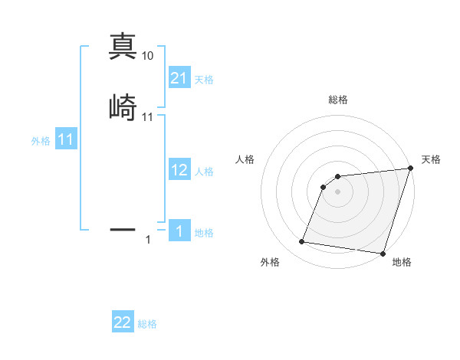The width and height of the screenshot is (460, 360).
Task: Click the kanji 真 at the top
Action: click(123, 46)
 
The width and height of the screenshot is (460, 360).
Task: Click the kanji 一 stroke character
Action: click(123, 228)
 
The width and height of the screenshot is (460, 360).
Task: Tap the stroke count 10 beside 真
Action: click(148, 56)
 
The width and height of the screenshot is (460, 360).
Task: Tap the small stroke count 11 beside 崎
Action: click(148, 117)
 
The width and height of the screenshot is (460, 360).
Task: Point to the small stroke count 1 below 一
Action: click(148, 241)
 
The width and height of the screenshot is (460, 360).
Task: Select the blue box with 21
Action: click(179, 78)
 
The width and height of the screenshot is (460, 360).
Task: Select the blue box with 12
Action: click(179, 170)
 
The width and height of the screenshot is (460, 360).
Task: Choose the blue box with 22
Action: click(123, 322)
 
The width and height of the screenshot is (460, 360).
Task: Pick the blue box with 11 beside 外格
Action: click(66, 140)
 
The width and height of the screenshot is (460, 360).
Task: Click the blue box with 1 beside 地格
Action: click(179, 231)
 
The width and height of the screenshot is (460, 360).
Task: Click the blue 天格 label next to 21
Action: click(204, 80)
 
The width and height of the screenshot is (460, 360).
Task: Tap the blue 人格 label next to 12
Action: click(204, 172)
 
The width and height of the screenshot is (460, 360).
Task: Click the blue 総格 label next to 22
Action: click(147, 324)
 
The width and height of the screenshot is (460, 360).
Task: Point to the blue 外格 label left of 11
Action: click(41, 141)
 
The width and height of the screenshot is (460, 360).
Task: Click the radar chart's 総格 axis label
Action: click(337, 100)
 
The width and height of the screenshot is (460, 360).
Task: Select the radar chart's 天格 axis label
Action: click(431, 159)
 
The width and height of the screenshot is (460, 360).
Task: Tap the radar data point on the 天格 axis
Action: click(410, 169)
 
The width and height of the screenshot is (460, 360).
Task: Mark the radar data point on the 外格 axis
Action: click(302, 242)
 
